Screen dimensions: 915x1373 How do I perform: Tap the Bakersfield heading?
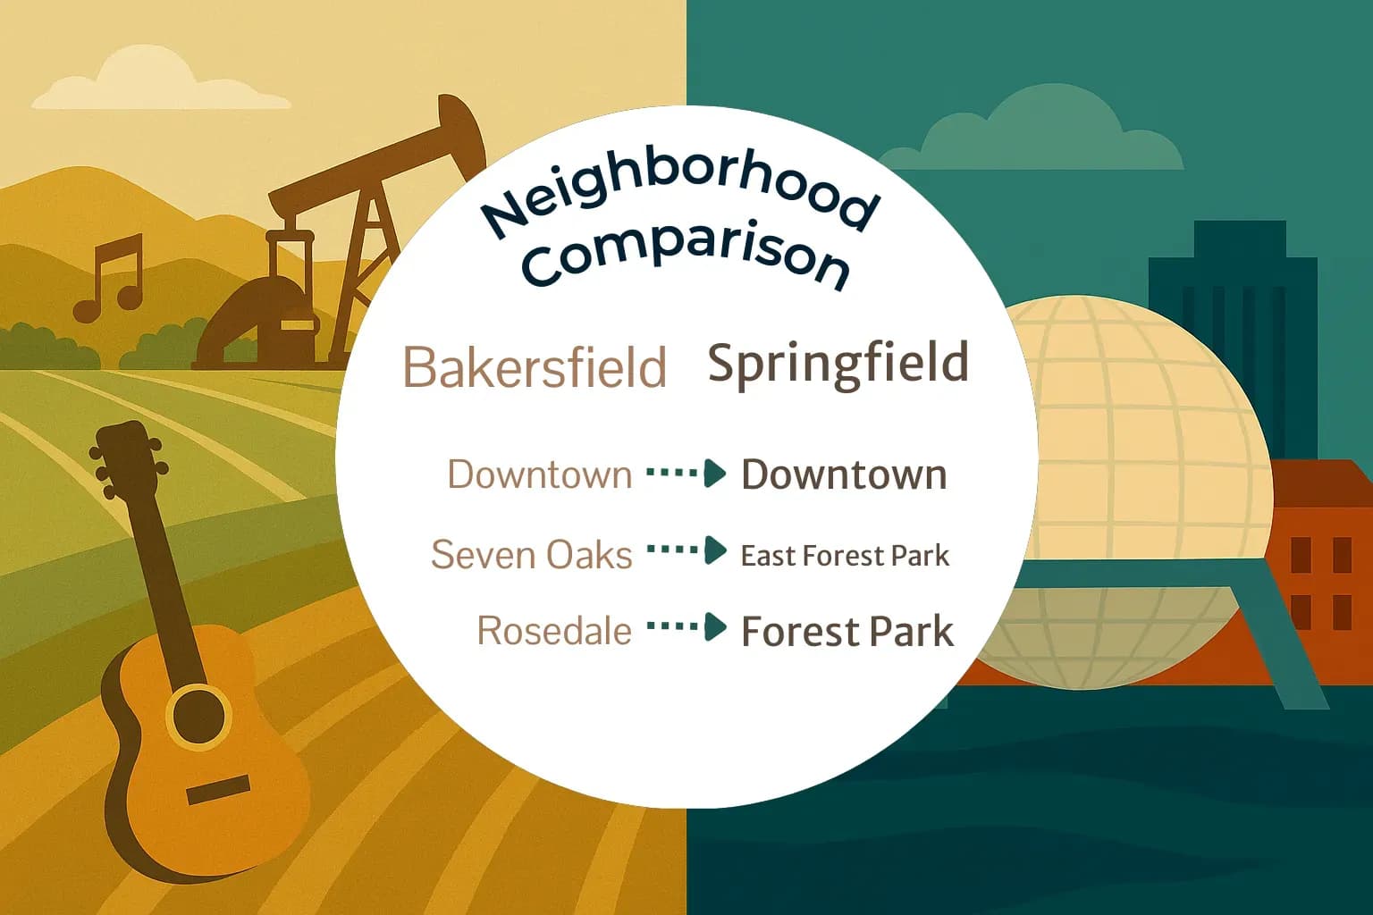[535, 366]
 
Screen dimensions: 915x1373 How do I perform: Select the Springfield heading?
[838, 363]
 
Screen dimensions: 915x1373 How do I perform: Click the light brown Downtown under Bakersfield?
[539, 474]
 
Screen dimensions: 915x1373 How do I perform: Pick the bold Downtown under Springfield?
[844, 474]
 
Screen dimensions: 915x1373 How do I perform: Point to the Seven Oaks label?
[531, 554]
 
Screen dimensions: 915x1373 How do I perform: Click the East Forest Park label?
[845, 556]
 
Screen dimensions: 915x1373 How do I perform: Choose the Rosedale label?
[554, 631]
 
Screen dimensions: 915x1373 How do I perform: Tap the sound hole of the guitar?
[198, 715]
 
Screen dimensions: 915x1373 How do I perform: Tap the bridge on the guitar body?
[218, 789]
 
